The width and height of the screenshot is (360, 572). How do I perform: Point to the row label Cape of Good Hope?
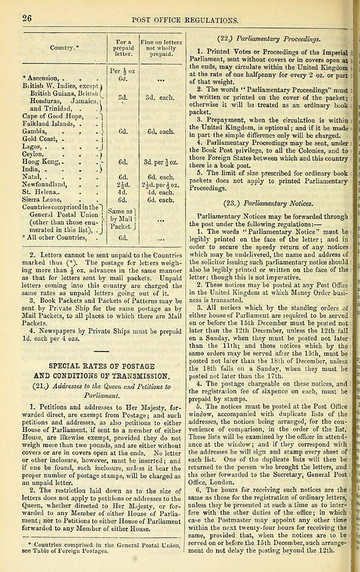[50, 116]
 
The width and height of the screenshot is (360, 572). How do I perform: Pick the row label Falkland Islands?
[51, 125]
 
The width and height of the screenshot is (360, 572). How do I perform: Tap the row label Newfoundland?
[50, 185]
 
